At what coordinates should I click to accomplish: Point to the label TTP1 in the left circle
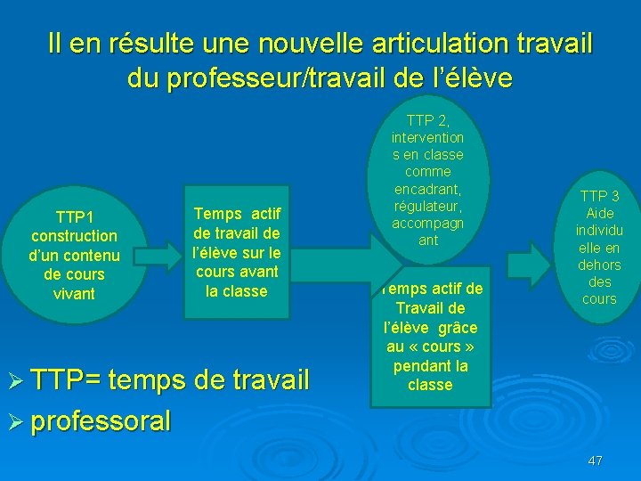[74, 216]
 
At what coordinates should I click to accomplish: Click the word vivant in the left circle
[74, 293]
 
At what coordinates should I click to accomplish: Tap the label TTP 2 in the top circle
[427, 120]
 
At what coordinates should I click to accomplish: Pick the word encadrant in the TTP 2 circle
[427, 189]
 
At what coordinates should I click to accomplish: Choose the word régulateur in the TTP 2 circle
[427, 206]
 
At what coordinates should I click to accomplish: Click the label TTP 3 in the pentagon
[599, 196]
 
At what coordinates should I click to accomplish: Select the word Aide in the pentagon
[599, 213]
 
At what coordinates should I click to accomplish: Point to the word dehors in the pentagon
[599, 265]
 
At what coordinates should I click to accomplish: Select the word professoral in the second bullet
[101, 420]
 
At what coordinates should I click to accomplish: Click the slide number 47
[596, 461]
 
